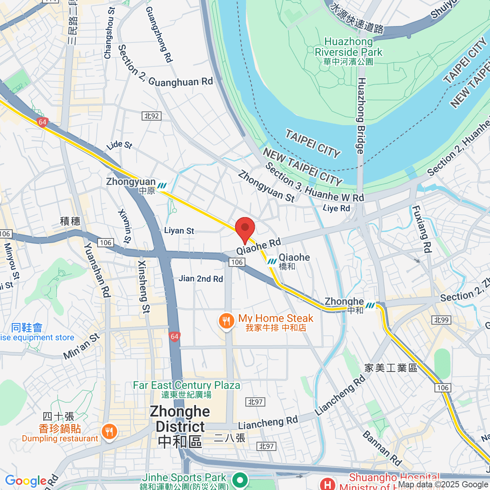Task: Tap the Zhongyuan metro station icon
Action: pos(162,186)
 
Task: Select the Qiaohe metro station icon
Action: pos(272,262)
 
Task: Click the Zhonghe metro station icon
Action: pos(370,305)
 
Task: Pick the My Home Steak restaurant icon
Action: pos(226,321)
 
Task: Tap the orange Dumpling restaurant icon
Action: pos(109,432)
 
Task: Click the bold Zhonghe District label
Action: pos(180,426)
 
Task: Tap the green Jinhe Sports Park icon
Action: pos(240,480)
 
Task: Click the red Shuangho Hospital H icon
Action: pos(327,484)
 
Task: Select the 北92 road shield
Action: pos(151,116)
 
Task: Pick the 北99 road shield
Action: pos(441,320)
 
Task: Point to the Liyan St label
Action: pos(179,231)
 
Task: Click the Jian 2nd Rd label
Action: pos(201,279)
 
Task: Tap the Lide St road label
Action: pos(119,145)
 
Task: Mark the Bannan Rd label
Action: pos(382,448)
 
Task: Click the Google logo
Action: pos(26,481)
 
